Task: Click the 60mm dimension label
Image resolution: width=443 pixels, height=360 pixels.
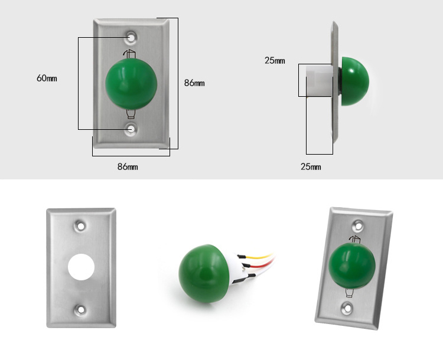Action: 47,78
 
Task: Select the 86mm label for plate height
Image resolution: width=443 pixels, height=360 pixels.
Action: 194,83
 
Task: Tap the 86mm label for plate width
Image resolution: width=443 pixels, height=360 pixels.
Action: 128,167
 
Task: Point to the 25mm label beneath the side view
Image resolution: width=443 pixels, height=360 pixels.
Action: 311,167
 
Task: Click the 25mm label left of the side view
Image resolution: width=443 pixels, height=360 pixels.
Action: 275,60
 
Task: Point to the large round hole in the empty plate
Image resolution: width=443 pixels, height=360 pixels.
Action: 81,267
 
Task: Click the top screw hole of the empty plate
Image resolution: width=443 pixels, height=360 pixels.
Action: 81,225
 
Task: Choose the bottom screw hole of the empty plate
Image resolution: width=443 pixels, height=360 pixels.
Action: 81,308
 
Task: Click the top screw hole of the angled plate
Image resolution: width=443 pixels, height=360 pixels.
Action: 357,225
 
